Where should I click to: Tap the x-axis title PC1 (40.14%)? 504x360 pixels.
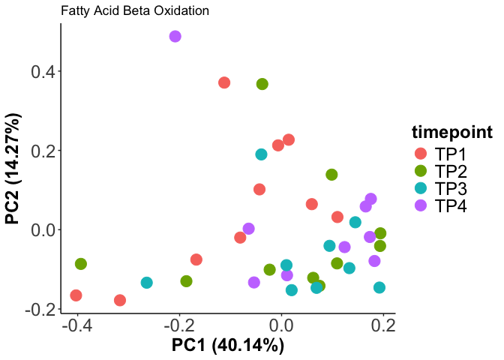pyautogui.click(x=228, y=346)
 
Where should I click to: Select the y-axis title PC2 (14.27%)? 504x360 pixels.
pyautogui.click(x=13, y=169)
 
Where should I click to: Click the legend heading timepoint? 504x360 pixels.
pyautogui.click(x=451, y=133)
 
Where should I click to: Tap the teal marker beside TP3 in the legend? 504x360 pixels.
pyautogui.click(x=421, y=188)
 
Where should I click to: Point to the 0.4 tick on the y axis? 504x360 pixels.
pyautogui.click(x=42, y=72)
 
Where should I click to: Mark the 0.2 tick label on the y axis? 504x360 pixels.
pyautogui.click(x=42, y=151)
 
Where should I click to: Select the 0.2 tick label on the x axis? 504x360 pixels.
pyautogui.click(x=384, y=328)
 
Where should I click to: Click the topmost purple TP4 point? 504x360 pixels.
pyautogui.click(x=175, y=37)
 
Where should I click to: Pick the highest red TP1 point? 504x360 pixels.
pyautogui.click(x=224, y=82)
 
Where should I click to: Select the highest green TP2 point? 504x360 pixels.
pyautogui.click(x=262, y=84)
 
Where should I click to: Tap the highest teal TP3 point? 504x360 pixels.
pyautogui.click(x=261, y=154)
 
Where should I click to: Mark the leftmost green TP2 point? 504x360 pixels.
pyautogui.click(x=81, y=264)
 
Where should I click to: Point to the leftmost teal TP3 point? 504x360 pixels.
pyautogui.click(x=147, y=283)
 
